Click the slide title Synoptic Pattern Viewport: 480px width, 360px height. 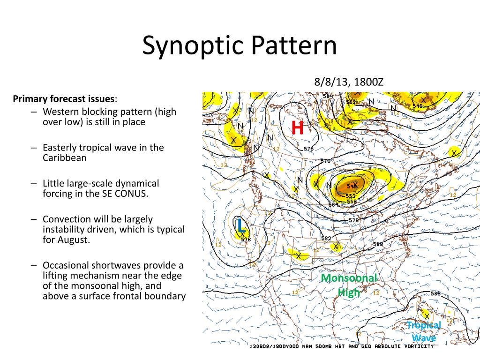[x=240, y=46]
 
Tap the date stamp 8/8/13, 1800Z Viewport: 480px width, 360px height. [x=349, y=82]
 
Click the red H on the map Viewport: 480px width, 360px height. [x=298, y=128]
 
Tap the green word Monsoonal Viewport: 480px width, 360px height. [x=349, y=278]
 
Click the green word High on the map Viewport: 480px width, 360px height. [x=349, y=292]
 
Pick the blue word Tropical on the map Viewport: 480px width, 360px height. [x=424, y=325]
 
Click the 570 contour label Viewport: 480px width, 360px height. [x=325, y=161]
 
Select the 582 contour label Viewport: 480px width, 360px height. [x=326, y=238]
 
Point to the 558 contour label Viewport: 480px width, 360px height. [x=352, y=201]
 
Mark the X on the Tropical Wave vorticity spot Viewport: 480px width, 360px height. [x=427, y=316]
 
